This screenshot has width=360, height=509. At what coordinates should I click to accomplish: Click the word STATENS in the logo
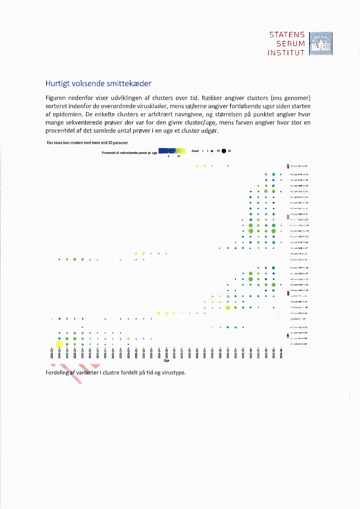coord(287,34)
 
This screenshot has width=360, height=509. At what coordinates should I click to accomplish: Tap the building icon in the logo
coord(320,44)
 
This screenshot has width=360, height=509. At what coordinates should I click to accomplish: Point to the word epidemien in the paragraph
coord(69,114)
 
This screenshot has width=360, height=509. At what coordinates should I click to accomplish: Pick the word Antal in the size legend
coord(195,152)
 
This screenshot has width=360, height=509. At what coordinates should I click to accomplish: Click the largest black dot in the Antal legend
coord(224,152)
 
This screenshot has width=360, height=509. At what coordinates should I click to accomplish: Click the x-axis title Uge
coord(166,361)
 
